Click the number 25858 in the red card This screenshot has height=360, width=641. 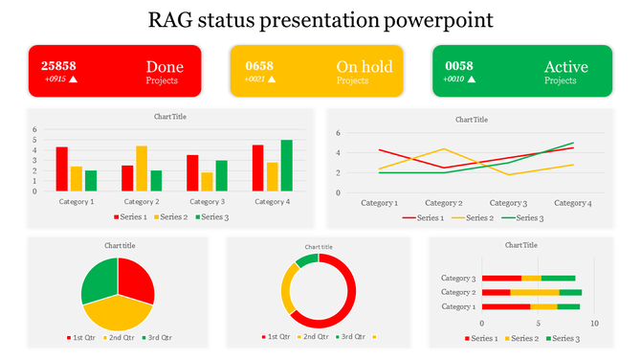58,66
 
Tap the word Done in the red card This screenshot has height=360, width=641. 165,67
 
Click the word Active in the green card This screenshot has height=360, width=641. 565,67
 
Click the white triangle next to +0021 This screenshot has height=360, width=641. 272,79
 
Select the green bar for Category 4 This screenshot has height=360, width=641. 286,166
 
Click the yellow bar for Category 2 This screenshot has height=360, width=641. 142,169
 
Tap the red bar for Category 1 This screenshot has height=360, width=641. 62,169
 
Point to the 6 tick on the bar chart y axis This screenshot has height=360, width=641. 34,129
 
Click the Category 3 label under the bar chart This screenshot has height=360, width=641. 207,202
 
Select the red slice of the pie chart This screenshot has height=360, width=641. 136,281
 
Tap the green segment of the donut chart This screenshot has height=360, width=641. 306,260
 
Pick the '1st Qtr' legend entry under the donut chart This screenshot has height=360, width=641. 278,337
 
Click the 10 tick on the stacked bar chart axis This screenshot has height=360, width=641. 594,324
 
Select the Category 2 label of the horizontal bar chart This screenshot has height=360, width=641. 458,292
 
